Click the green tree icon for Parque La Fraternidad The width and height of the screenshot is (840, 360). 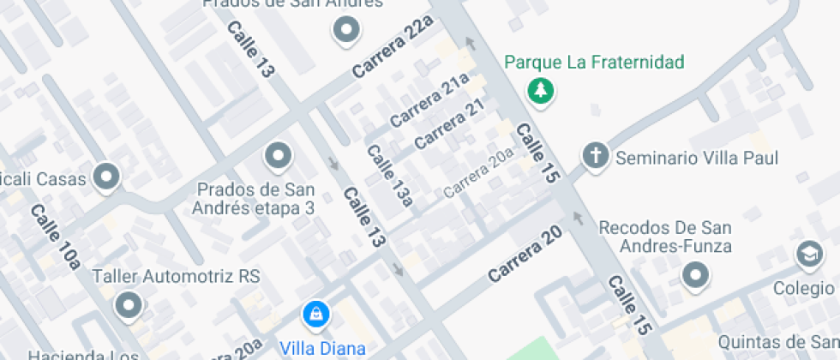pyautogui.click(x=540, y=89)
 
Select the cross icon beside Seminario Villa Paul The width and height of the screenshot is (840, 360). pyautogui.click(x=594, y=156)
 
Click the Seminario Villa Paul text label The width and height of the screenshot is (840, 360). pyautogui.click(x=697, y=159)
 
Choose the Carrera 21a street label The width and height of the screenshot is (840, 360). pyautogui.click(x=430, y=100)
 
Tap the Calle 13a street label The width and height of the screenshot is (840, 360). pyautogui.click(x=389, y=175)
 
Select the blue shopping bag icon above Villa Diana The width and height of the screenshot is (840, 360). pyautogui.click(x=316, y=313)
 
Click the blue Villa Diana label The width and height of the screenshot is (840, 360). pyautogui.click(x=323, y=349)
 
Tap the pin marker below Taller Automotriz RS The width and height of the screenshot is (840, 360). pyautogui.click(x=129, y=303)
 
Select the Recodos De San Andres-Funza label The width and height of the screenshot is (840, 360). pyautogui.click(x=665, y=237)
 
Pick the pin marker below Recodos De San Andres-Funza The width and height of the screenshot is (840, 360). pyautogui.click(x=695, y=275)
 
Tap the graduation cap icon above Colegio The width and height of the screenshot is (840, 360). pyautogui.click(x=808, y=253)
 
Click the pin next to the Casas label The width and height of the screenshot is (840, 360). pyautogui.click(x=107, y=177)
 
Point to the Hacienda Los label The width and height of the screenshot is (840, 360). pyautogui.click(x=83, y=355)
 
